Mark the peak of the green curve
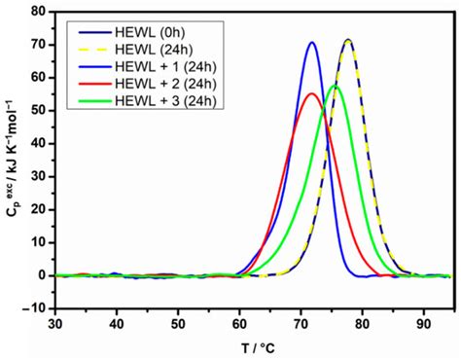coord(335,86)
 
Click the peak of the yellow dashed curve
coord(347,41)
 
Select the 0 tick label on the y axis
coord(43,275)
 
